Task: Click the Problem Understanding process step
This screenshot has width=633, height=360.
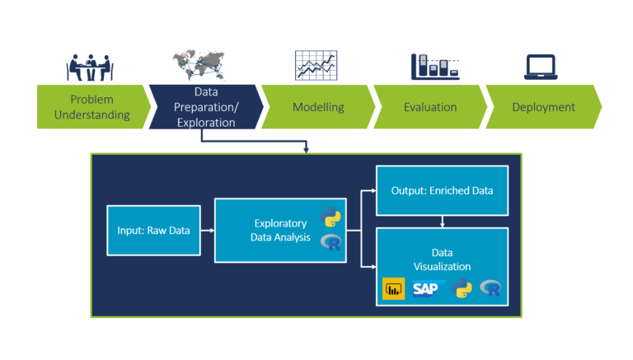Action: pyautogui.click(x=91, y=107)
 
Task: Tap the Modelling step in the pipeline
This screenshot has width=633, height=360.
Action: pyautogui.click(x=318, y=107)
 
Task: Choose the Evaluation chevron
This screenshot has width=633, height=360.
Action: pyautogui.click(x=430, y=107)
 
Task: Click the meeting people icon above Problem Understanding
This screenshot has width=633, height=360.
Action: pyautogui.click(x=91, y=67)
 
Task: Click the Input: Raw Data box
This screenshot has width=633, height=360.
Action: pyautogui.click(x=153, y=231)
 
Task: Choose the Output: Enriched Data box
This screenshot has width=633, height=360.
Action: pyautogui.click(x=443, y=190)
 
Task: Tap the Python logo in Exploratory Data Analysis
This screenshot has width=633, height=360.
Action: pyautogui.click(x=331, y=218)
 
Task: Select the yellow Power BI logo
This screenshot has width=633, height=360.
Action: pyautogui.click(x=394, y=289)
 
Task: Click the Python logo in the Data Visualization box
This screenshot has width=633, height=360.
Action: pyautogui.click(x=462, y=288)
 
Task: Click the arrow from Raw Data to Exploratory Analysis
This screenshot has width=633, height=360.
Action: pyautogui.click(x=207, y=231)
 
